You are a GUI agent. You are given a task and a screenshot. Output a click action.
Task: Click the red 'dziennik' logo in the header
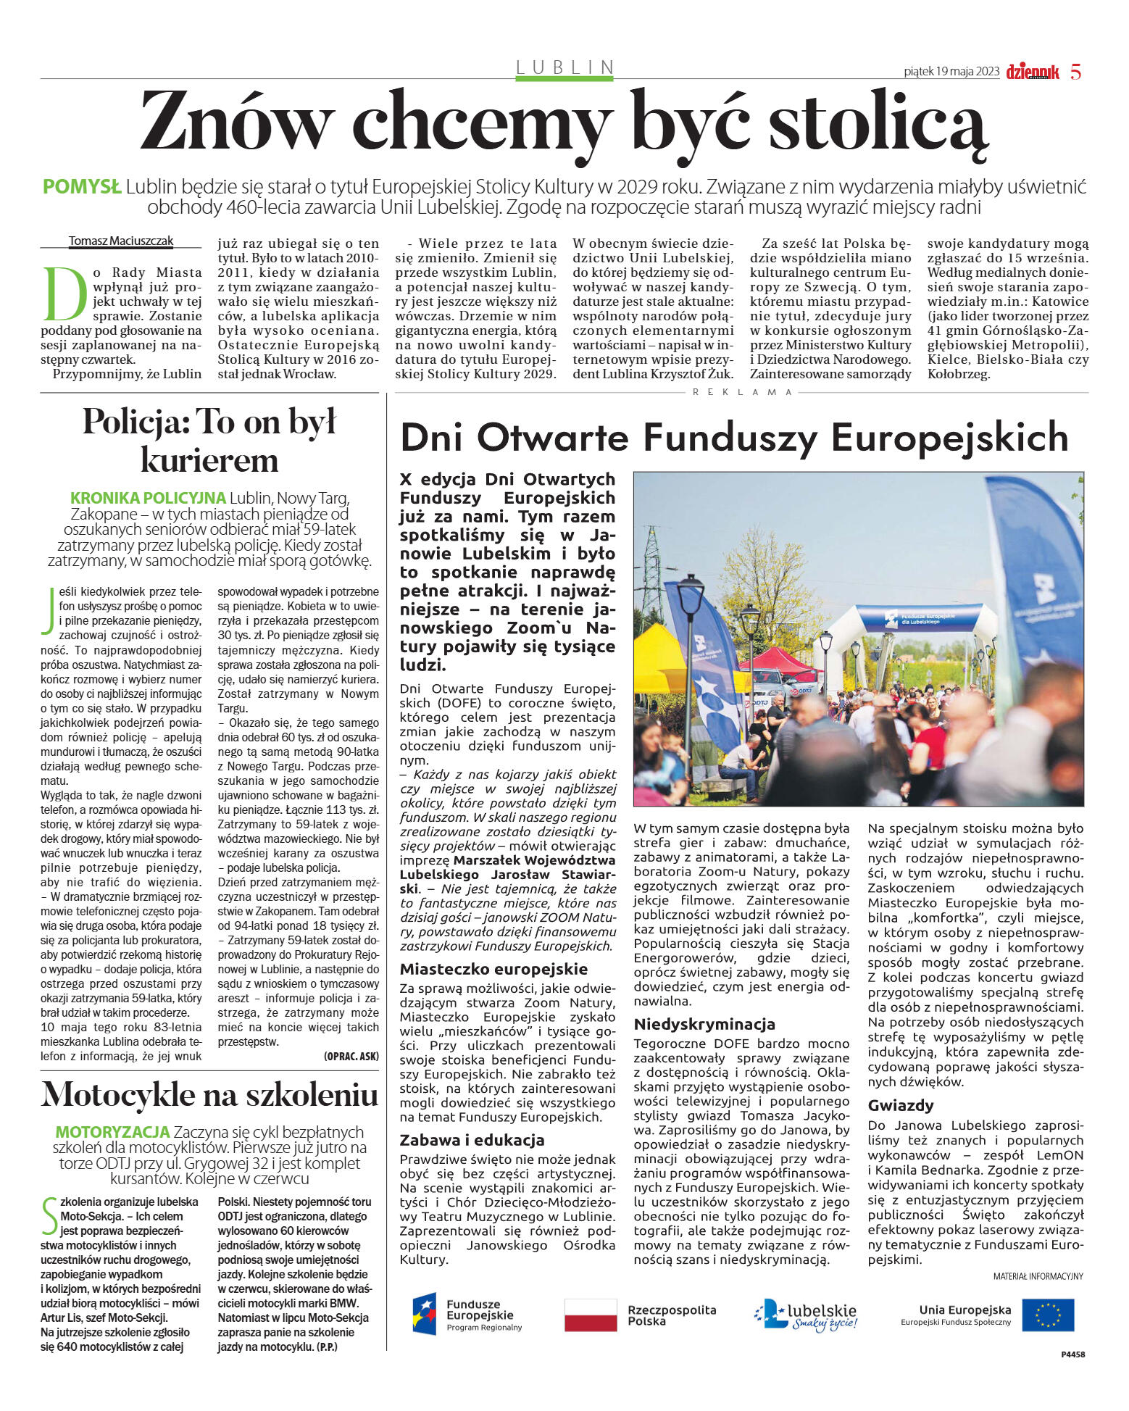point(1032,72)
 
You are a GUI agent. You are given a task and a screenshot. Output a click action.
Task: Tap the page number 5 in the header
point(1076,72)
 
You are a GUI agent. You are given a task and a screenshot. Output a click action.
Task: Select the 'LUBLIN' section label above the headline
point(564,67)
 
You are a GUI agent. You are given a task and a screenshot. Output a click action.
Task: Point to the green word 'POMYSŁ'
point(82,187)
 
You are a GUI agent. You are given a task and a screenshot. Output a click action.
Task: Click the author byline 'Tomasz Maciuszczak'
point(121,241)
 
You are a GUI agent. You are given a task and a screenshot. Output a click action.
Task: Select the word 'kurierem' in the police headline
point(209,460)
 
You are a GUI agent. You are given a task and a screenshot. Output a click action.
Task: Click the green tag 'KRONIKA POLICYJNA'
point(148,499)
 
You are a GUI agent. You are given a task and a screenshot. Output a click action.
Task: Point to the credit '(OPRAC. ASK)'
point(351,1056)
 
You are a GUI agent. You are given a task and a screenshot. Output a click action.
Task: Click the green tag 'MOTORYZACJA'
point(112,1132)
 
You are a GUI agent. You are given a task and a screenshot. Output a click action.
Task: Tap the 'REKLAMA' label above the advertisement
point(743,392)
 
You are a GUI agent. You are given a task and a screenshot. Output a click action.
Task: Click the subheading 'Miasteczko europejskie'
point(494,970)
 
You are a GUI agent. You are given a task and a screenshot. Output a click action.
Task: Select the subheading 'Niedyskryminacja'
point(704,1024)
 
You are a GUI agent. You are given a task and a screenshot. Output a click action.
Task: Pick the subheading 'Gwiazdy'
point(901,1105)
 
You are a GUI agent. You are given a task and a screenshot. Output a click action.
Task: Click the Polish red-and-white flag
point(591,1315)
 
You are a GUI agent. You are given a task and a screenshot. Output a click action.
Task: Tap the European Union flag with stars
point(1049,1315)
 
